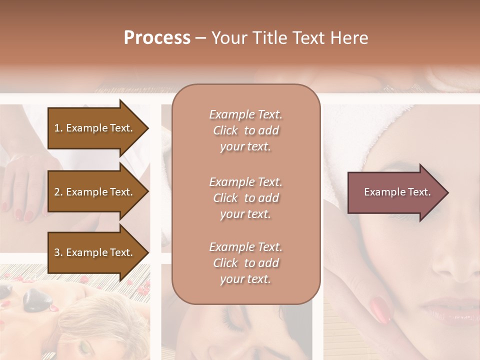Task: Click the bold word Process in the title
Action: click(x=157, y=38)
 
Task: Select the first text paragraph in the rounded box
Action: click(x=246, y=130)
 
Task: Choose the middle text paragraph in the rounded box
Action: click(x=246, y=198)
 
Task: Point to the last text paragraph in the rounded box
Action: click(x=246, y=263)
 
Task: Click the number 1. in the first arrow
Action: click(x=58, y=128)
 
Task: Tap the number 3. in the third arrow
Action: click(x=58, y=252)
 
